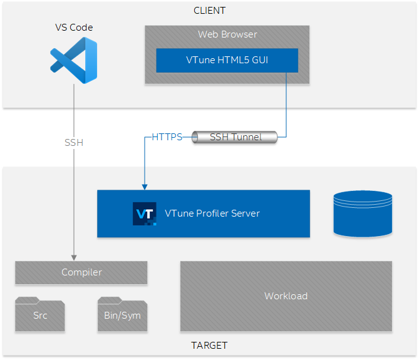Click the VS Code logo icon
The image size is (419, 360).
coord(74,60)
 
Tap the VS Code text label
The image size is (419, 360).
coord(74,28)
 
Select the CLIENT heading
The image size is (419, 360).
coord(209,11)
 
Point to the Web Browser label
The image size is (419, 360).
coord(227,34)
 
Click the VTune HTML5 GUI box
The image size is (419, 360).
coord(226,60)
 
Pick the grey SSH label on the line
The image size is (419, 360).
coord(74,143)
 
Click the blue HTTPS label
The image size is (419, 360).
coord(167,137)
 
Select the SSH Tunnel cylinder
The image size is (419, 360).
coord(234,137)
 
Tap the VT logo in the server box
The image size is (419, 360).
coord(144,213)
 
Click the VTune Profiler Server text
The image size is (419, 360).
coord(212,213)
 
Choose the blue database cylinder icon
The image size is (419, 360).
coord(363,213)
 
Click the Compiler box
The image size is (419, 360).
coord(81,272)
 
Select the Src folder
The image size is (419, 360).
coord(40,314)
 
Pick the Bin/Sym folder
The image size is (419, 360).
coord(122,314)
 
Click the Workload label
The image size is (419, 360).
coord(286,296)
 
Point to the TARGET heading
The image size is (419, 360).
coord(209,346)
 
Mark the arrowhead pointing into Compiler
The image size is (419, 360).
coord(74,257)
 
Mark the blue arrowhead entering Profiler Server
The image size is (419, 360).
coord(145,186)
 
